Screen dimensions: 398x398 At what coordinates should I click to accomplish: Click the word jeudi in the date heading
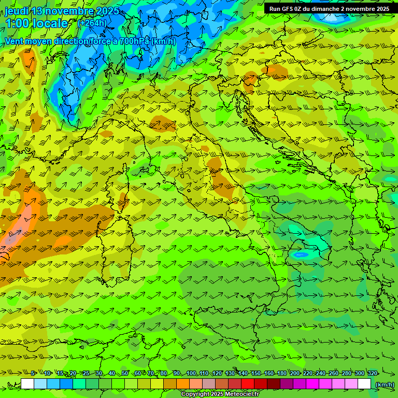(x=17, y=11)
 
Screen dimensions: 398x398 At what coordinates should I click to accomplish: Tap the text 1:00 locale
(x=36, y=23)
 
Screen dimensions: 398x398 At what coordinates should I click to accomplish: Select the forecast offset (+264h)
(x=93, y=23)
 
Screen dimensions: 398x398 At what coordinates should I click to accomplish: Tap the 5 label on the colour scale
(x=33, y=373)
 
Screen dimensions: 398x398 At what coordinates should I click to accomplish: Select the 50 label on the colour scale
(x=125, y=373)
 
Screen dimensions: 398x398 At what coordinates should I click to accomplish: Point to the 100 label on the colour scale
(x=191, y=373)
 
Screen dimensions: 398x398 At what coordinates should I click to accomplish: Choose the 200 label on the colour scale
(x=295, y=373)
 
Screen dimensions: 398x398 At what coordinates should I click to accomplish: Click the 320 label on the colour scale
(x=372, y=373)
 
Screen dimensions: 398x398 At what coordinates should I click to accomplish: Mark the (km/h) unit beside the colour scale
(x=384, y=385)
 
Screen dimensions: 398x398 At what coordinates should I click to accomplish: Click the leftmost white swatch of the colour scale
(x=27, y=384)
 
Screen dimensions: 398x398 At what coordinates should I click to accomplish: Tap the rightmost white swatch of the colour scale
(x=364, y=384)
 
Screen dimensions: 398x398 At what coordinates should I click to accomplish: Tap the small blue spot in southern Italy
(x=299, y=254)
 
